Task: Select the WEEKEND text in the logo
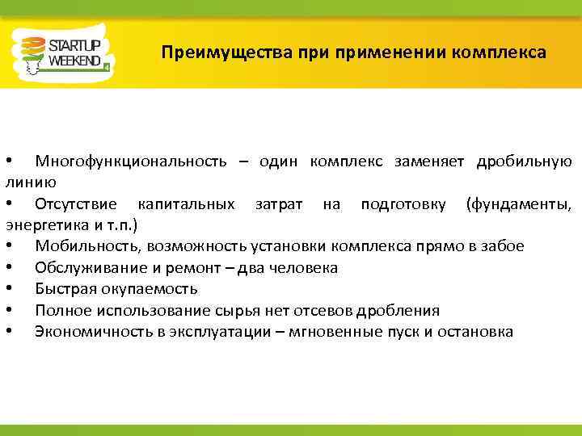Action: pyautogui.click(x=74, y=61)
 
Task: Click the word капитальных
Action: pyautogui.click(x=187, y=203)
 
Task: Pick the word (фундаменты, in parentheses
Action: pyautogui.click(x=519, y=203)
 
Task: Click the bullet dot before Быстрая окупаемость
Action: pyautogui.click(x=8, y=289)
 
